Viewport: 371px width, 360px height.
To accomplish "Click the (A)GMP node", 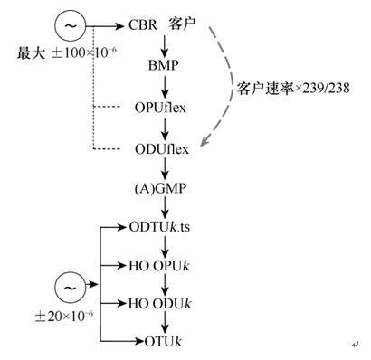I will pos(164,190).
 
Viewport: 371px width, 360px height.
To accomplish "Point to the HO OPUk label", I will pos(160,266).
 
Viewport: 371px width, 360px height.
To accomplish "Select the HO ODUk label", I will pos(160,303).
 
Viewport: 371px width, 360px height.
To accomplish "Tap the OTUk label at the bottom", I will pos(164,341).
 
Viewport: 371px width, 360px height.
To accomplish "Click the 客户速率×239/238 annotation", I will pos(292,90).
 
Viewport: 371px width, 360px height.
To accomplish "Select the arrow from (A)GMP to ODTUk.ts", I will pos(164,210).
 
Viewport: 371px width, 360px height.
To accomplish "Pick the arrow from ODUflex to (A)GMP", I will pos(164,170).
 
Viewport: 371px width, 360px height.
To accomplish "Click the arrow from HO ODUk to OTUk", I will pos(164,322).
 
